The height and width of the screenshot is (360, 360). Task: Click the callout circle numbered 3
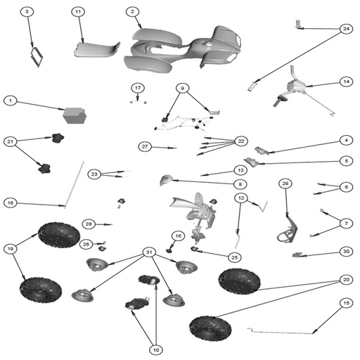(x=27, y=11)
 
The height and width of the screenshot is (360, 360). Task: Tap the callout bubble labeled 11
(x=78, y=11)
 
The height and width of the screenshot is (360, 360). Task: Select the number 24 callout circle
(x=346, y=29)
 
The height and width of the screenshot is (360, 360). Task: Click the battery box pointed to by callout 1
(x=75, y=115)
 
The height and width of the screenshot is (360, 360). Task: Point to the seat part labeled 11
(x=96, y=50)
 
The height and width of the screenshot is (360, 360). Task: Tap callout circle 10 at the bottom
(x=156, y=350)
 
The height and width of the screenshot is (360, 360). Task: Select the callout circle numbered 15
(x=346, y=303)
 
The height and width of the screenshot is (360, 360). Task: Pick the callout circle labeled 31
(x=149, y=252)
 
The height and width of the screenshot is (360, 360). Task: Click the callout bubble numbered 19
(x=11, y=249)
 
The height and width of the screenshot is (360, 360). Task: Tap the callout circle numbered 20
(x=346, y=279)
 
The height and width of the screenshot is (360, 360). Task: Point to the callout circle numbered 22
(x=241, y=141)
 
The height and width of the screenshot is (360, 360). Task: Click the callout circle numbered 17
(x=138, y=88)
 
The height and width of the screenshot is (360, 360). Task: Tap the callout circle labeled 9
(x=183, y=88)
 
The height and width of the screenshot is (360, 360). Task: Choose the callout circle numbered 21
(x=11, y=141)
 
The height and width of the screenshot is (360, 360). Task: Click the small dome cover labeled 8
(x=166, y=180)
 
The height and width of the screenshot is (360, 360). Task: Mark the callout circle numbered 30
(x=346, y=252)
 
